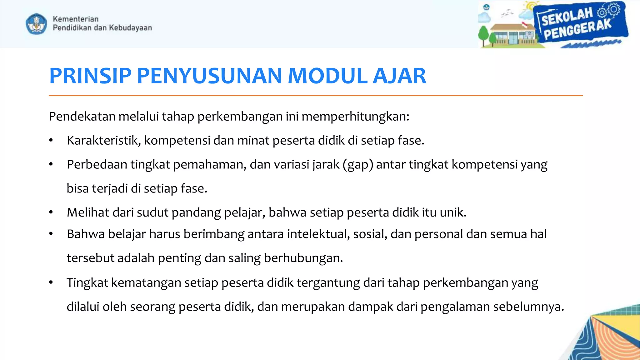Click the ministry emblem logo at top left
36,23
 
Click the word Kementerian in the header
76,19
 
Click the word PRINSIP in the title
90,76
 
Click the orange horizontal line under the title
316,95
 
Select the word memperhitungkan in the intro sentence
355,117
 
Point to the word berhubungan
303,258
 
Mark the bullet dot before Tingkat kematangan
51,282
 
